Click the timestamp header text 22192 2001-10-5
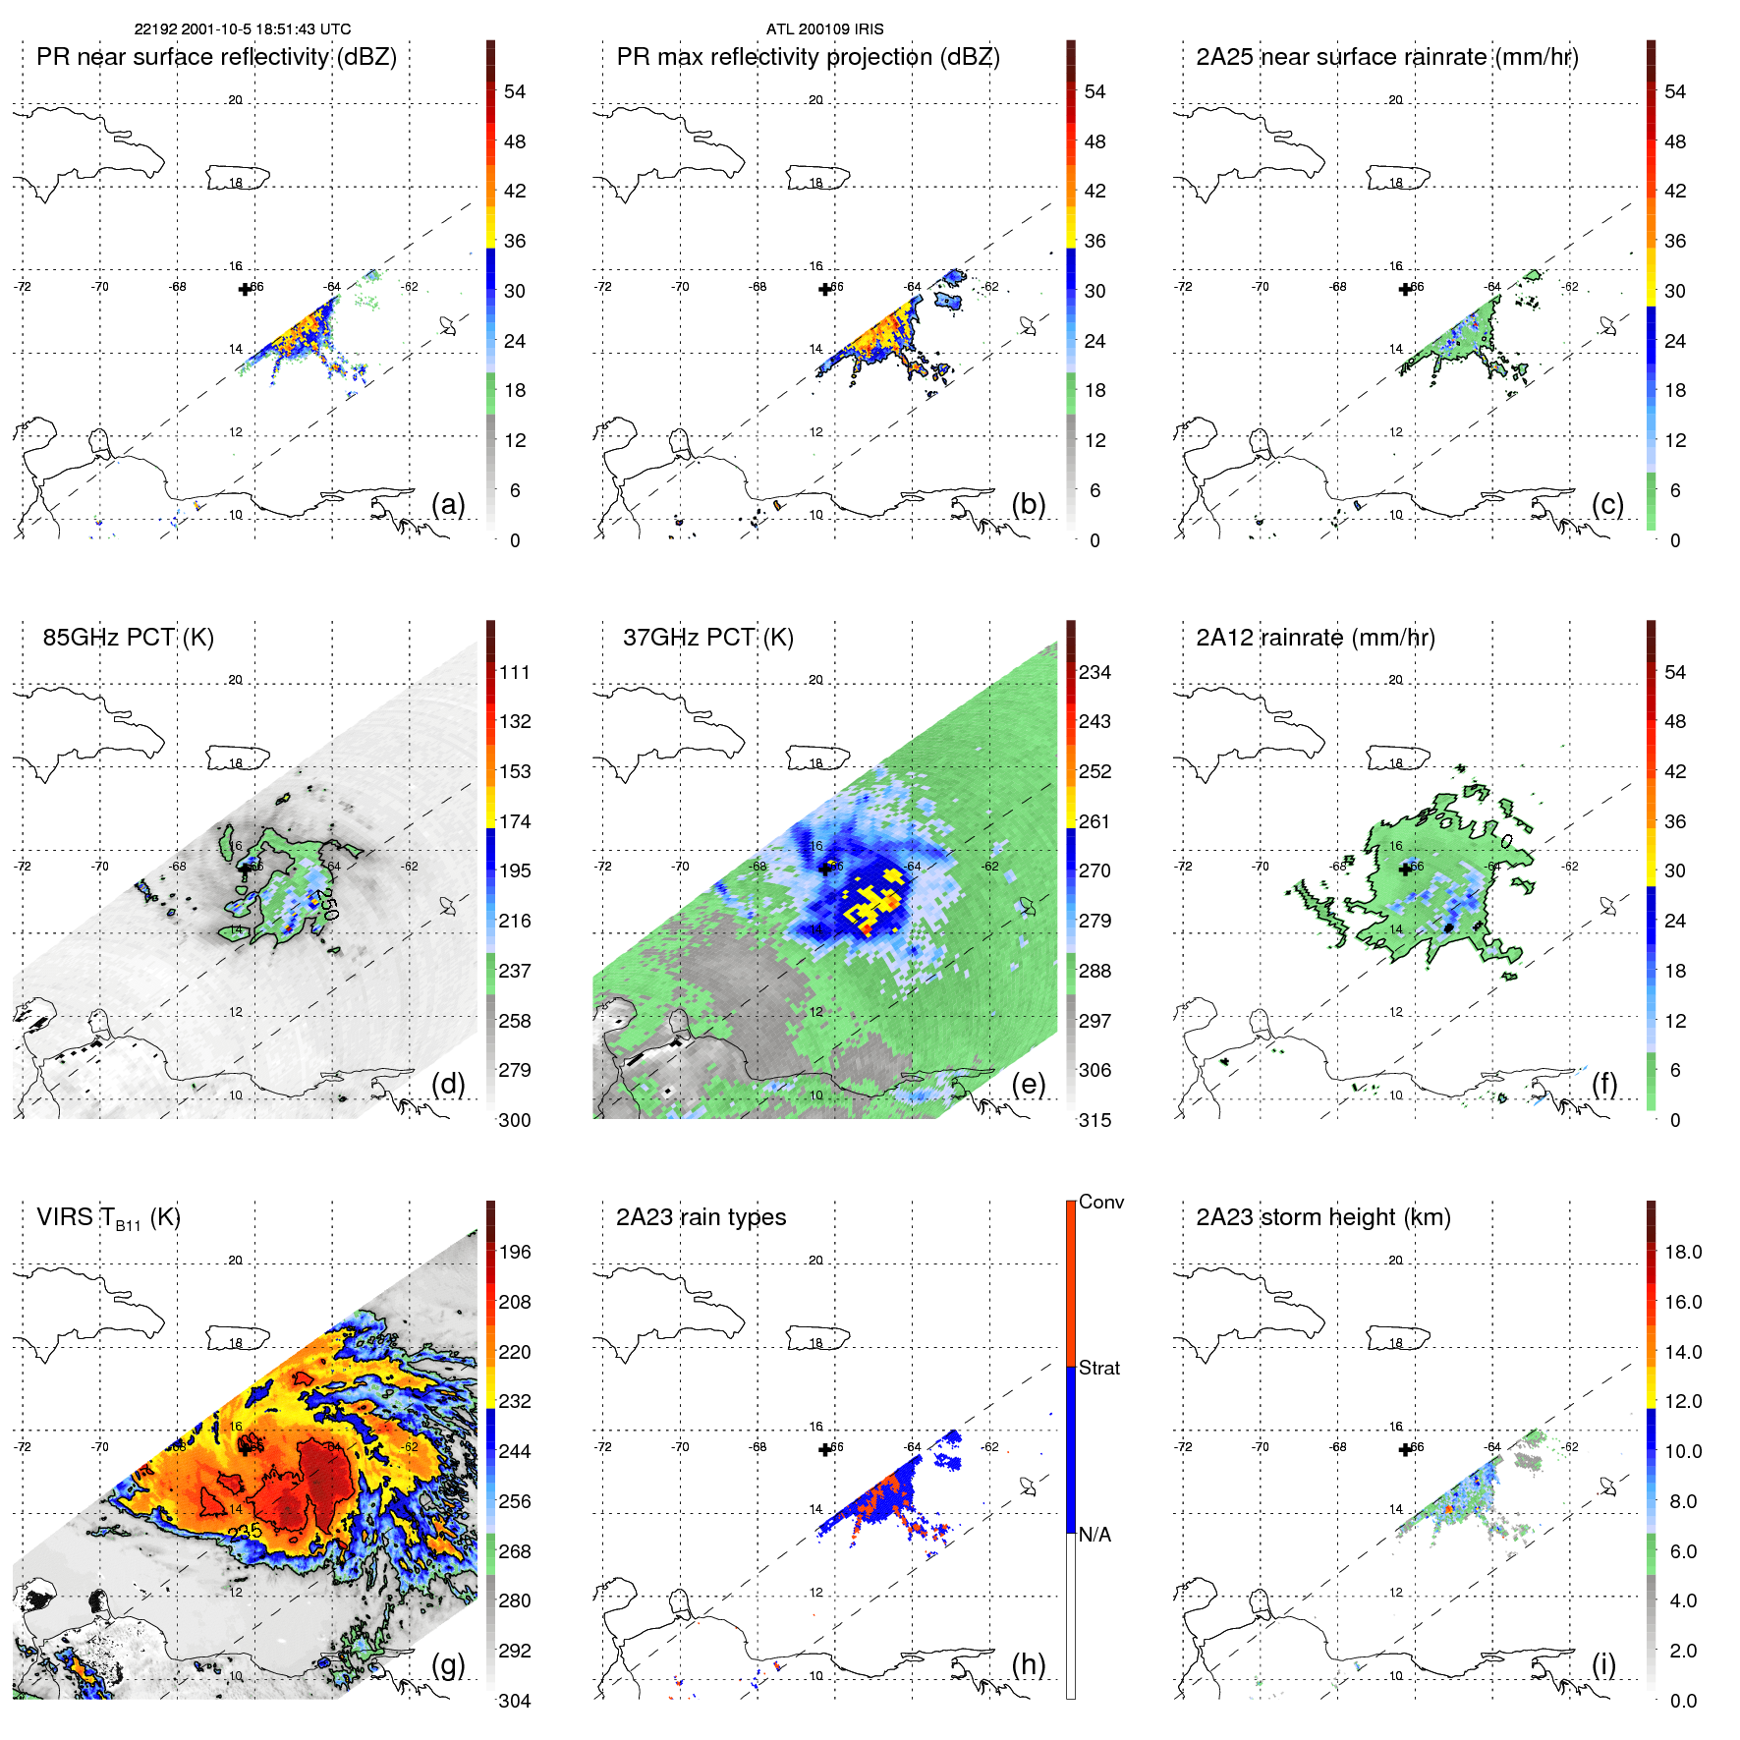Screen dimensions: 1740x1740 pos(242,29)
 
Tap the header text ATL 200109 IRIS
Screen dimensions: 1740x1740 pos(824,29)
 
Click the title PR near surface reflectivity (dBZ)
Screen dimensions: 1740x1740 pos(216,57)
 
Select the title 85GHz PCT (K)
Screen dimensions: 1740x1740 pos(128,638)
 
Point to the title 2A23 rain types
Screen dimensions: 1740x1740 pos(701,1217)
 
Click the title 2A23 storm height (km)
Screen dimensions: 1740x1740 pos(1322,1217)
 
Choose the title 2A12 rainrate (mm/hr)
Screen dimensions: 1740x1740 pos(1315,638)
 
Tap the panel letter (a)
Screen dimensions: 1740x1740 pos(448,504)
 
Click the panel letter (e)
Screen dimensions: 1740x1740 pos(1028,1084)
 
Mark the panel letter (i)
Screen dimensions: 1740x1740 pos(1603,1664)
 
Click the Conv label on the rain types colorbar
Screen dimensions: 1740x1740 pos(1100,1202)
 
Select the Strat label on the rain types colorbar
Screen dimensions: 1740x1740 pos(1098,1368)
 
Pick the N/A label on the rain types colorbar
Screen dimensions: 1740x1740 pos(1094,1535)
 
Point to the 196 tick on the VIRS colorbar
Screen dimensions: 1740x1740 pos(514,1252)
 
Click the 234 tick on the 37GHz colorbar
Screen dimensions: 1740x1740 pos(1094,672)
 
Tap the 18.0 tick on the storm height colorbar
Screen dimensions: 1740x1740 pos(1682,1252)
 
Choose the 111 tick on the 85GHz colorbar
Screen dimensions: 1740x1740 pos(514,672)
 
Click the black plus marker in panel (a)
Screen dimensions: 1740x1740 pos(245,289)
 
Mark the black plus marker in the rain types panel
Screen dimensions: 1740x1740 pos(824,1449)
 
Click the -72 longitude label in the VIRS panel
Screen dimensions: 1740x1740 pos(23,1447)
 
